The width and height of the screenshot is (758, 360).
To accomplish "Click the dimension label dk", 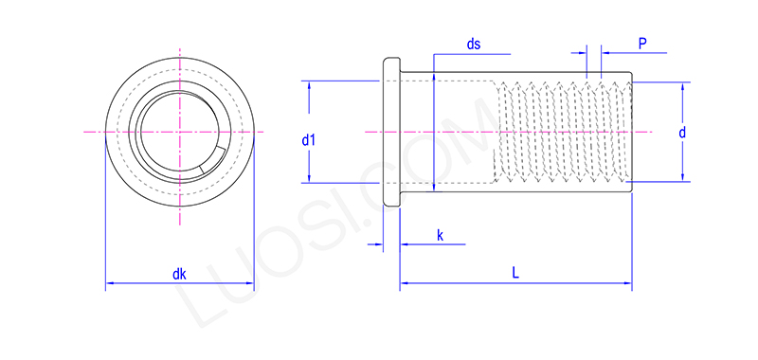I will tap(179, 275).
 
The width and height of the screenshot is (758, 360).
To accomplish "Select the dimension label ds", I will tap(475, 45).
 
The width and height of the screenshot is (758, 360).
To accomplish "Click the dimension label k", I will tap(440, 234).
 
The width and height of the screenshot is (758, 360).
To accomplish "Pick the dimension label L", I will tap(515, 272).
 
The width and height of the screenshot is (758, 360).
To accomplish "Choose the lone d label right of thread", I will tap(681, 134).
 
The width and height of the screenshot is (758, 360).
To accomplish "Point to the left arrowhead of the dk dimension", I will tap(108, 282).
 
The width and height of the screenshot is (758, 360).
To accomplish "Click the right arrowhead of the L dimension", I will tap(629, 282).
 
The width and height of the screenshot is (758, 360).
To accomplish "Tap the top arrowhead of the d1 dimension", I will tap(310, 84).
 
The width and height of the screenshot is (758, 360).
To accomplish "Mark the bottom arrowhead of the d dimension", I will tap(682, 178).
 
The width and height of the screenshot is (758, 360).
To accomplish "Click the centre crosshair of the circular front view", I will tap(178, 130).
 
